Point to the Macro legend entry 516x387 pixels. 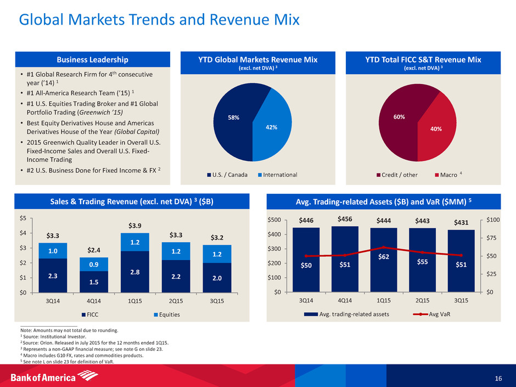[445, 175]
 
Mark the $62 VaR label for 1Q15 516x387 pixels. [383, 256]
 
